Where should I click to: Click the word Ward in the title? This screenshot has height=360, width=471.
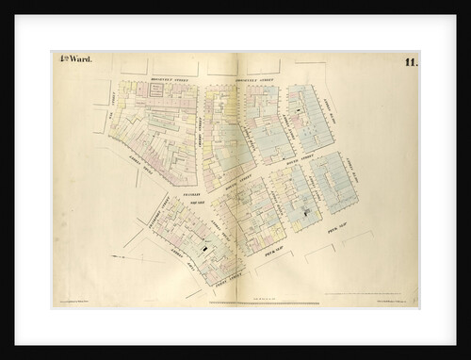pos(74,63)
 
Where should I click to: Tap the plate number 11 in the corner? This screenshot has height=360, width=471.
pos(412,63)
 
